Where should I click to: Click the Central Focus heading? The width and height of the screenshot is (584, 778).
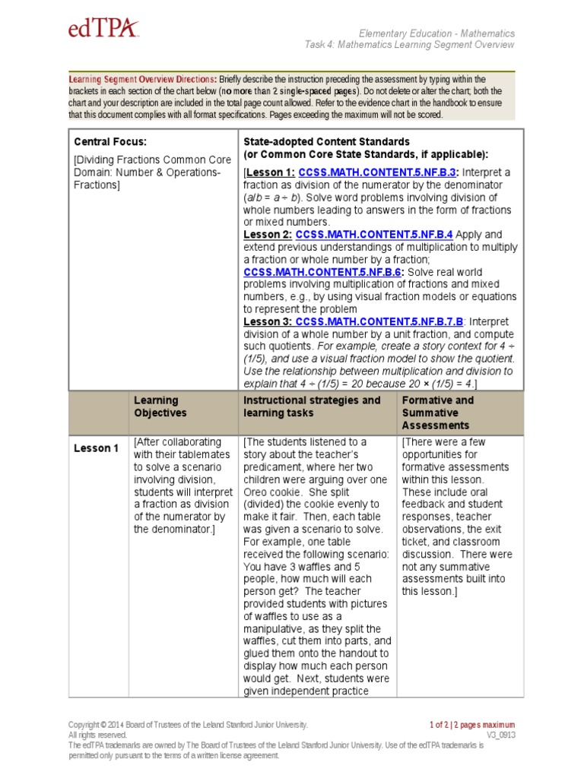tap(109, 141)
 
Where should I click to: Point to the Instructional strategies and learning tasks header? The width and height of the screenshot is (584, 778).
tap(312, 406)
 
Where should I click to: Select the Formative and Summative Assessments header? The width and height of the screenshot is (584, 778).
tap(437, 413)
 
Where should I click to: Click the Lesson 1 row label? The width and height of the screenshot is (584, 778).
tap(96, 448)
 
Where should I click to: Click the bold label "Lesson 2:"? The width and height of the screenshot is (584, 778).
tap(268, 235)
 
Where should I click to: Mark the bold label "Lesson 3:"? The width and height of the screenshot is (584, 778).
tap(268, 321)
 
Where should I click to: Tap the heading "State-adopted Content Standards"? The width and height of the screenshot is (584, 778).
tap(326, 141)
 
